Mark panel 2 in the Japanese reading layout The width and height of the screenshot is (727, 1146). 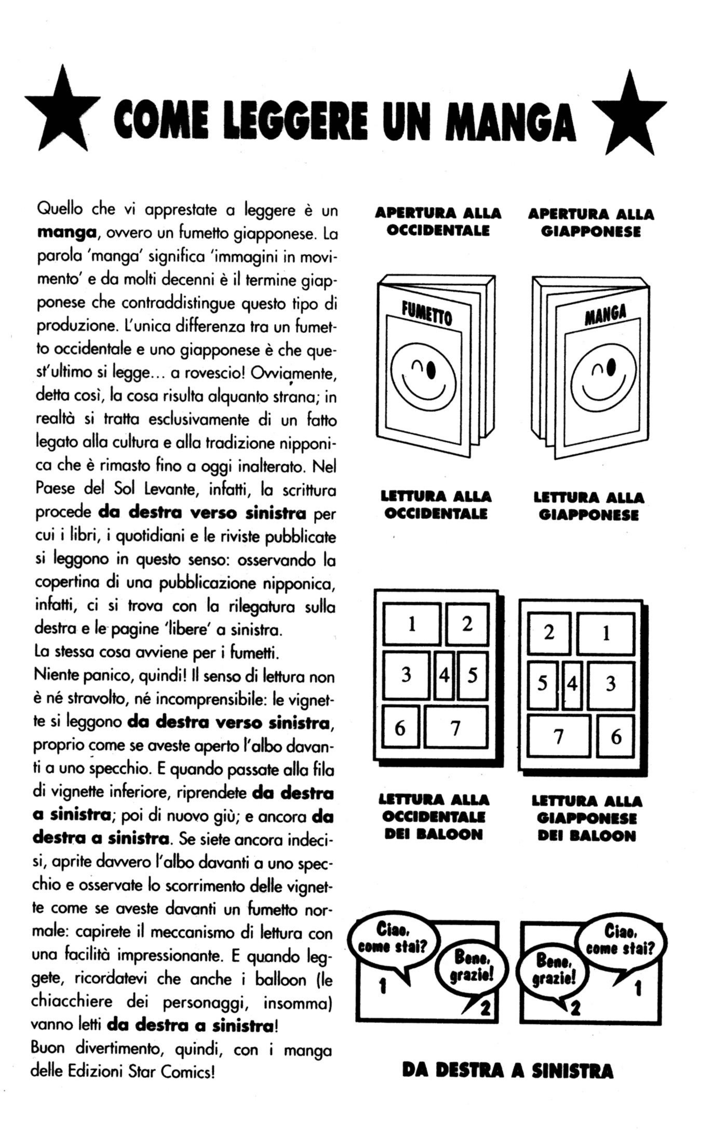pyautogui.click(x=549, y=633)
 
